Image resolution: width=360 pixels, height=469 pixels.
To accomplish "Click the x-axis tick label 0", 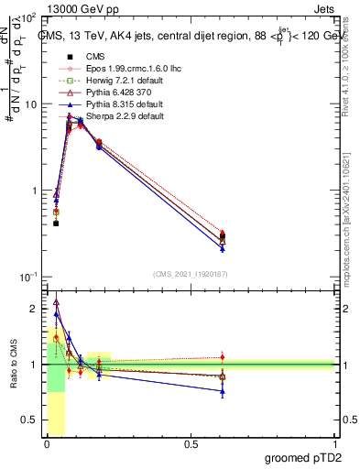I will [48, 444].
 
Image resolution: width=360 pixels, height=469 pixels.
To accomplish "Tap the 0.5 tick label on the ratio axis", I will [33, 420].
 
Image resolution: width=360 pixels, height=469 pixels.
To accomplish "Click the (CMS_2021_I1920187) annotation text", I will [191, 273].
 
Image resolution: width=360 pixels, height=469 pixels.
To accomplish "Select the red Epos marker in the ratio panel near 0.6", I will [223, 357].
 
